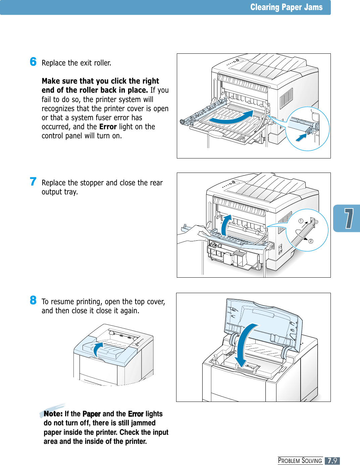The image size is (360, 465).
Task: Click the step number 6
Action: click(x=33, y=62)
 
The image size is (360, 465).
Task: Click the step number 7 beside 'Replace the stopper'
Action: click(x=33, y=181)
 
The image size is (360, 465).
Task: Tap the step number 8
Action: click(x=33, y=300)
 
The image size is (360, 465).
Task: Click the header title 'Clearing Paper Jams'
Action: click(x=286, y=7)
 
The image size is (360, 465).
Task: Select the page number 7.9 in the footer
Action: click(x=332, y=461)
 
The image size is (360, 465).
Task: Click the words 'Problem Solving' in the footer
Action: click(x=300, y=461)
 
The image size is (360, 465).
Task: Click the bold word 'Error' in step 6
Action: click(x=108, y=127)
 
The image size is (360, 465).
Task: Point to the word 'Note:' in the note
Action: click(x=53, y=414)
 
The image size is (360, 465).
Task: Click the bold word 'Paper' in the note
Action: click(x=91, y=414)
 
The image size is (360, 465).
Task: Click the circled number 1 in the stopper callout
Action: click(x=301, y=221)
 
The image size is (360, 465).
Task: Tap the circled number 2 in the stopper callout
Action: click(x=311, y=241)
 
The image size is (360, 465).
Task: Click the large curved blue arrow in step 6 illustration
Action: click(x=232, y=117)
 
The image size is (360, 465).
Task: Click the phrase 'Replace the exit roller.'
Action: click(x=76, y=63)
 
